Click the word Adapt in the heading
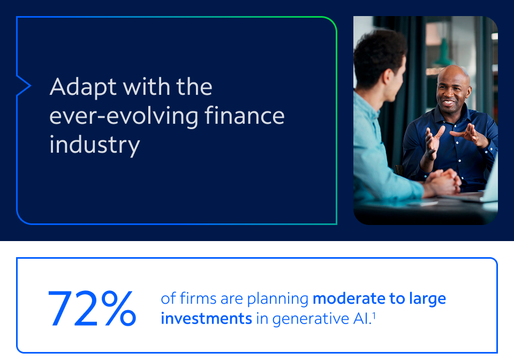84,87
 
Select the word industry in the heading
95,145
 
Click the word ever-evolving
124,116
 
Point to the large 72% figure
92,309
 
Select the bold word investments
206,318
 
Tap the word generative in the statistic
311,319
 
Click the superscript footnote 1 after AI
374,316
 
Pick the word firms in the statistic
198,298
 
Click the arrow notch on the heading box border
24,86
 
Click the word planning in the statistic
278,299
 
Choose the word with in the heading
146,87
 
